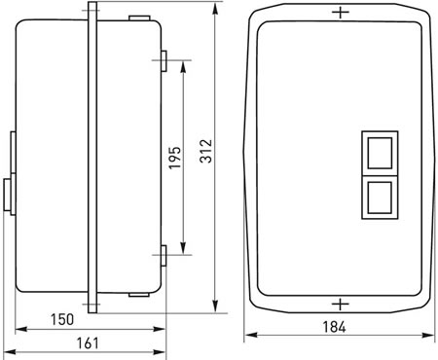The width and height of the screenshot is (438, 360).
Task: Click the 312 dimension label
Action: click(x=206, y=151)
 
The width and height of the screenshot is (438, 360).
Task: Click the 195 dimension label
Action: click(x=175, y=158)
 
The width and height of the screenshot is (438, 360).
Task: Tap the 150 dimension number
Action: click(x=62, y=320)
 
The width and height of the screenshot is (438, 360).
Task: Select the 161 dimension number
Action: click(x=88, y=343)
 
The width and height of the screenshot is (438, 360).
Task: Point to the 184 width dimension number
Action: click(x=335, y=327)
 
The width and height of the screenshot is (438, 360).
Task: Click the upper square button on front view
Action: click(x=380, y=153)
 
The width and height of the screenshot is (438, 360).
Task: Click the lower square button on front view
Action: click(x=380, y=198)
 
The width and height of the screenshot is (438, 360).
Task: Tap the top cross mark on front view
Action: click(x=341, y=13)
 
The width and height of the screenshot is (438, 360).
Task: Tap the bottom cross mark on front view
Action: click(x=341, y=305)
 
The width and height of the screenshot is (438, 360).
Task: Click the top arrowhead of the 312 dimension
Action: click(x=214, y=9)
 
